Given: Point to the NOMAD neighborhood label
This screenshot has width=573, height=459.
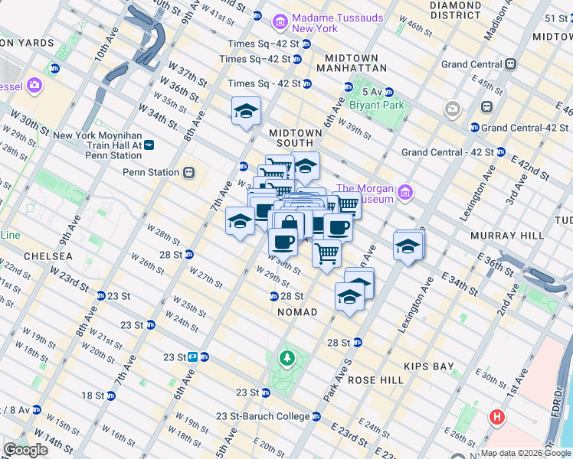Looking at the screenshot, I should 299,312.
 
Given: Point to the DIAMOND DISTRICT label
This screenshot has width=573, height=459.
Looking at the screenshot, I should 456,10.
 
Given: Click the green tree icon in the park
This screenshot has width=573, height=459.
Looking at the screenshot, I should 287,357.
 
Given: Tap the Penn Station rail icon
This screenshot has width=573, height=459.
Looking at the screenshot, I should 188,172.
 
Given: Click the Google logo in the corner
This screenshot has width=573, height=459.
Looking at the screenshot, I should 25,450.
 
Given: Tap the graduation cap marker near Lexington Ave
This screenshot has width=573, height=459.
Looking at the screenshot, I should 408,246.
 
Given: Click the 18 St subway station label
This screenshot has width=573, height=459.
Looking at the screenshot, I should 93,396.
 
